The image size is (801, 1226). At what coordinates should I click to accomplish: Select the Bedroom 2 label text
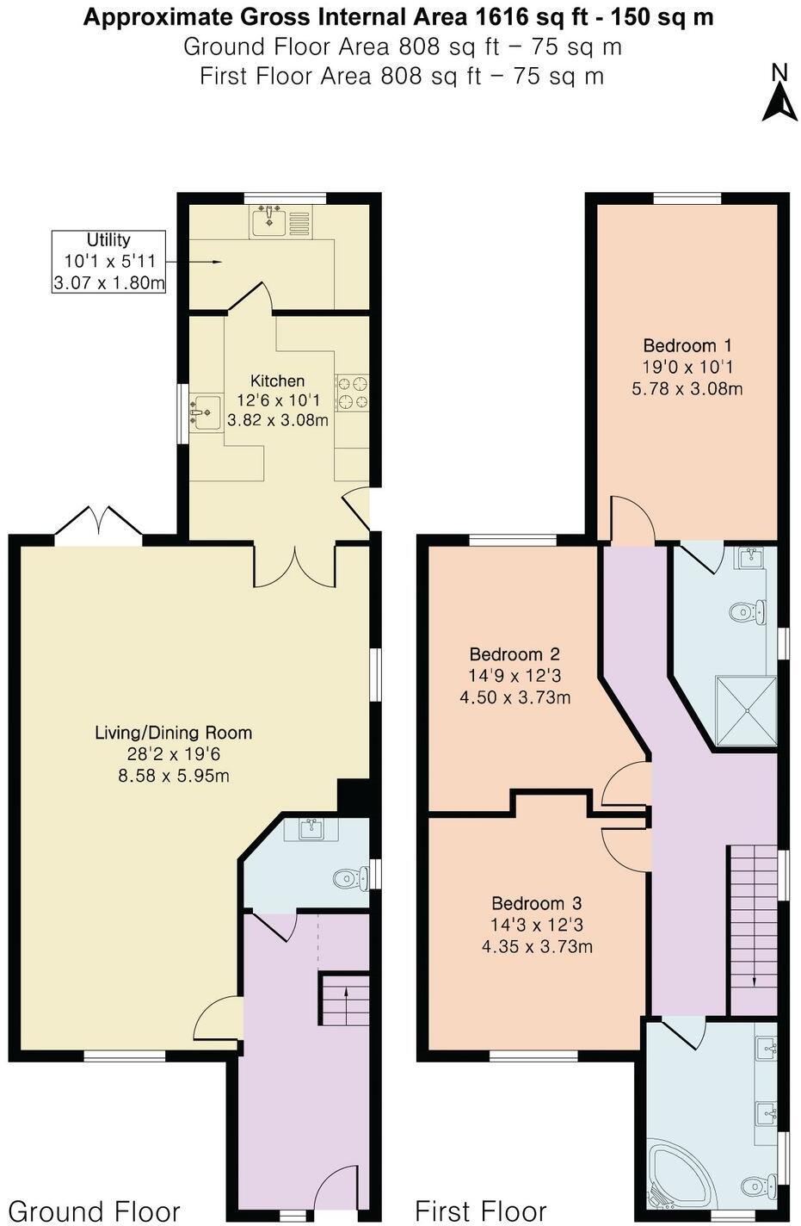[514, 654]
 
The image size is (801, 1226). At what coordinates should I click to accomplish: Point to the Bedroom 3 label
[536, 903]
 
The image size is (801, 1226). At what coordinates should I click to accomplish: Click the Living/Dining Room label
[173, 733]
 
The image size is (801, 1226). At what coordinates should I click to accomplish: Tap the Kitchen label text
[277, 381]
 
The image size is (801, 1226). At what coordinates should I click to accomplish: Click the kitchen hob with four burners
[352, 392]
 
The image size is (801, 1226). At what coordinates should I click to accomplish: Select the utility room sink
[270, 221]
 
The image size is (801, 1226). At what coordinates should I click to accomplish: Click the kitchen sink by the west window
[205, 412]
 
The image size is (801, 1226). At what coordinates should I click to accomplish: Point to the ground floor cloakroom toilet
[348, 879]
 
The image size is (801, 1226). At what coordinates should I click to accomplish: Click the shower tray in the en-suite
[746, 710]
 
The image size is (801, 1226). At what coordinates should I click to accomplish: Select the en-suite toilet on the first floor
[745, 611]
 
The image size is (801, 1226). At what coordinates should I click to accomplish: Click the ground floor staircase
[345, 999]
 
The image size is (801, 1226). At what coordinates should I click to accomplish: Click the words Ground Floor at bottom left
[94, 1211]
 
